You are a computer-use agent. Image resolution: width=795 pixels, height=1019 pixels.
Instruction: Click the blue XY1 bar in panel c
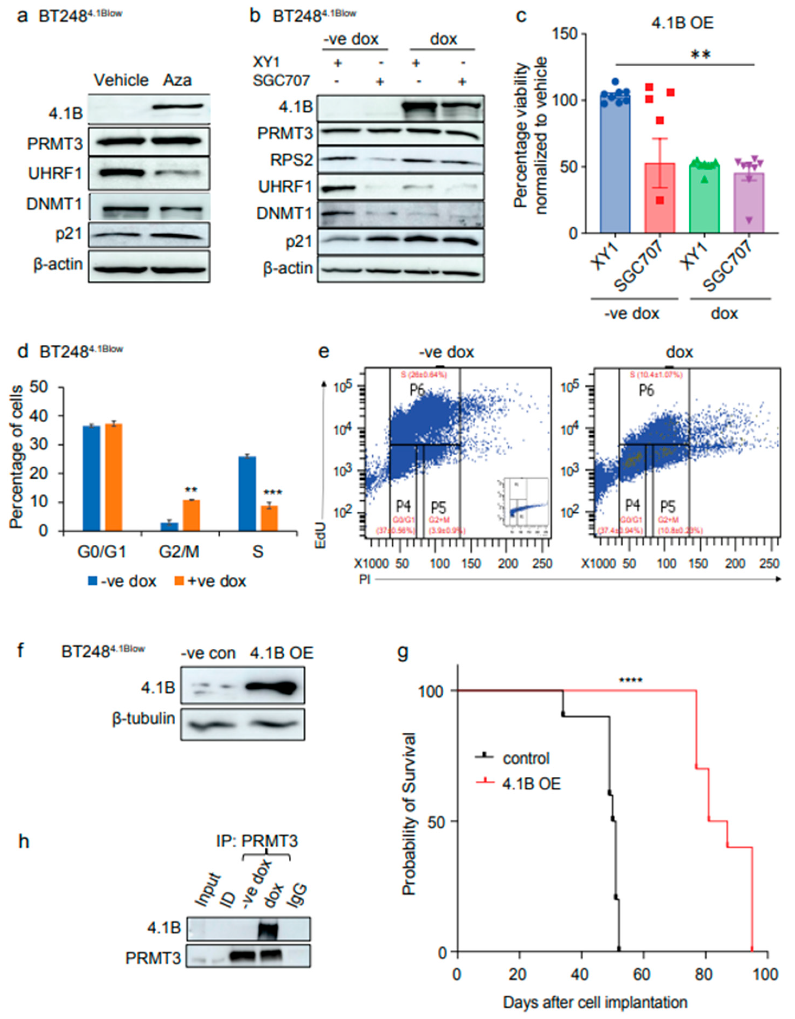click(615, 165)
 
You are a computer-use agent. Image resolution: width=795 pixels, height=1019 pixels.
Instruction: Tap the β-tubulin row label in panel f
click(143, 719)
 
